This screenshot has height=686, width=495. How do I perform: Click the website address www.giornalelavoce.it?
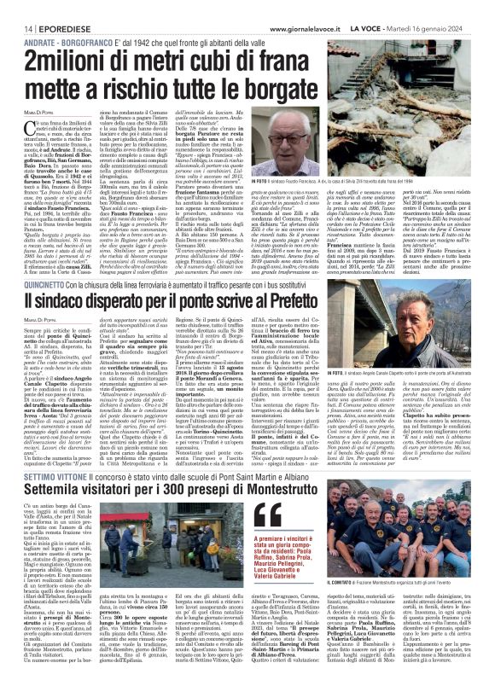coord(319,7)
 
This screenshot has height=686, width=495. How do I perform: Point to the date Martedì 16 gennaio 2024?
coord(448,7)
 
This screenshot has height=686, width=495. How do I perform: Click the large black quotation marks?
coord(268,514)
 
